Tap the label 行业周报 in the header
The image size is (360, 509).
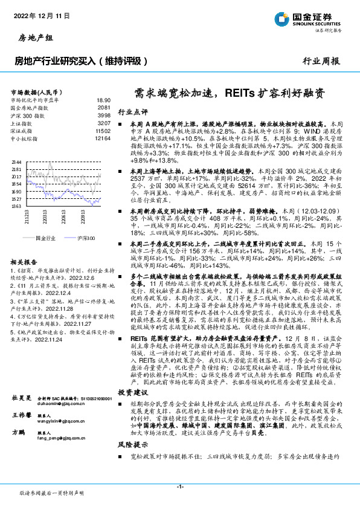coord(321,61)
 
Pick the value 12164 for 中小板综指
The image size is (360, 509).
coord(103,138)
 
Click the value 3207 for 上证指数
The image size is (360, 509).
coord(104,123)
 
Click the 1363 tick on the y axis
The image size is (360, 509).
coord(16,206)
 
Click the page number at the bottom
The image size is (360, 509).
coord(180,486)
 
